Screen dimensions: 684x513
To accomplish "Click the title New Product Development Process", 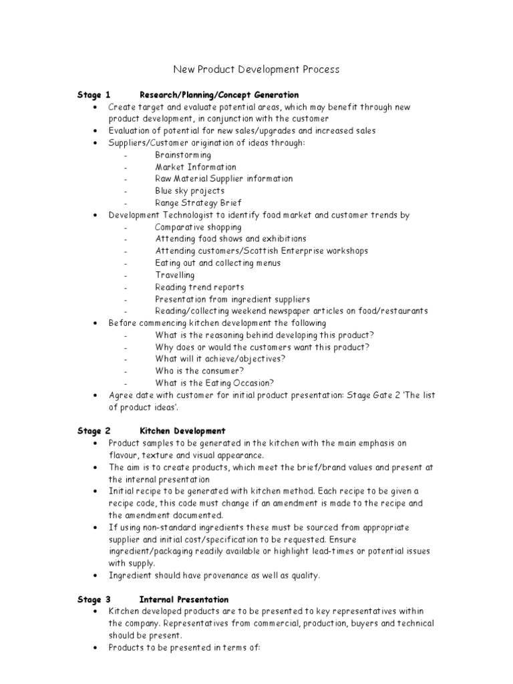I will [256, 69].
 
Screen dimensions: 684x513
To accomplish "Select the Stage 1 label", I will [94, 95].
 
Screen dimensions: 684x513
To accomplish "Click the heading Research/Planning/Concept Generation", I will [219, 95].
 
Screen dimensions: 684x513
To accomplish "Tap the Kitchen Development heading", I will [182, 432].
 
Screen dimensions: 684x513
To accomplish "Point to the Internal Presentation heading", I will [184, 600].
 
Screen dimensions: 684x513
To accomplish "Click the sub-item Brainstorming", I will [183, 155].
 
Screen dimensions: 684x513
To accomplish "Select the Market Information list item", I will [196, 167].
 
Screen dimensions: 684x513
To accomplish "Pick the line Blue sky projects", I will [190, 191].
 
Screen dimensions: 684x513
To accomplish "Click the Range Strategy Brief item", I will [198, 203].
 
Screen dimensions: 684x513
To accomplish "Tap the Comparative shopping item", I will [198, 227].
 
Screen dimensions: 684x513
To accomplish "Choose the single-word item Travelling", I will [175, 275].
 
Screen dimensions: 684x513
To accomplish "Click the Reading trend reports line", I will [200, 287].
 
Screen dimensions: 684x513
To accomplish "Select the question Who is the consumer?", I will [200, 371].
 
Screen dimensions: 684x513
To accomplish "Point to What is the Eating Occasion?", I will [214, 383].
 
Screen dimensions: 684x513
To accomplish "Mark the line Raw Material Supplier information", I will [224, 179].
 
